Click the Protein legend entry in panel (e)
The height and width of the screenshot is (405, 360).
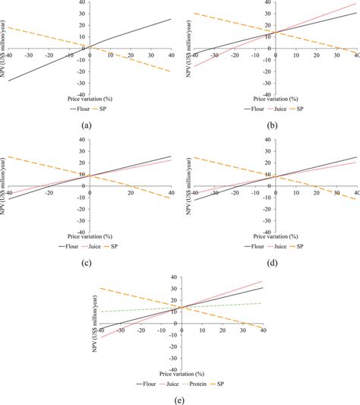click(207, 384)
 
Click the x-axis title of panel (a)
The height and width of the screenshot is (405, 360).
click(90, 98)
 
